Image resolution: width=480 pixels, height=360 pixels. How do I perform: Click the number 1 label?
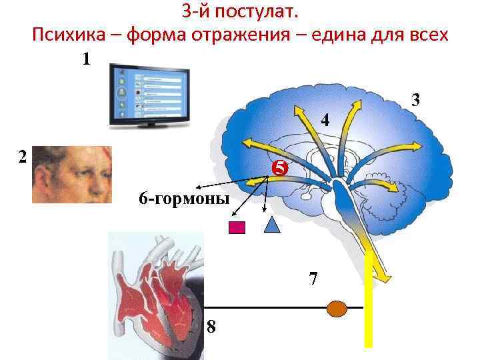pos(86,59)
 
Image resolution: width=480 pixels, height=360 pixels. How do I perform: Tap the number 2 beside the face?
pos(22,157)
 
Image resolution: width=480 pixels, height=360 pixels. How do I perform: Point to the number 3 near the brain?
pos(415,101)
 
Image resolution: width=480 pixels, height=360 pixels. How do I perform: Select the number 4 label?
pos(324,121)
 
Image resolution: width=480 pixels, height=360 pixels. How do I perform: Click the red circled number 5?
pos(279,169)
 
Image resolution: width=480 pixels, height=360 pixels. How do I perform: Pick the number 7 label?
pos(313,277)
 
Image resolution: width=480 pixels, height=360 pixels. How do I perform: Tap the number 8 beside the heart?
pos(211,327)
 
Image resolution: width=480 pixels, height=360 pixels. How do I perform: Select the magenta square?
pos(237,227)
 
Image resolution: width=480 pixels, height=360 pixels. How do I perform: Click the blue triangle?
pos(272,225)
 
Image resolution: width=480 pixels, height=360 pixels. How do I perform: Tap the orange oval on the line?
pos(338,308)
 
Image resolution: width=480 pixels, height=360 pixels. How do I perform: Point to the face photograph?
pos(71,174)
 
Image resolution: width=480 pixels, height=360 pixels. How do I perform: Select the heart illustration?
pos(157,293)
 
